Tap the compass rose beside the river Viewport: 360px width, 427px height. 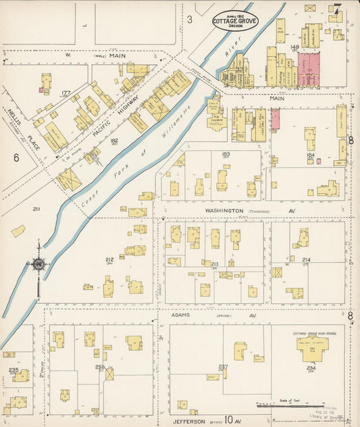38,263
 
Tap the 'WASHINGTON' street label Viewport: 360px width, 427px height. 225,211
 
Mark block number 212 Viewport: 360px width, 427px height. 109,259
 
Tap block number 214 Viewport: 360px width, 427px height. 306,259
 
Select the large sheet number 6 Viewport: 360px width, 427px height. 15,157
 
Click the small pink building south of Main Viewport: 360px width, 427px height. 276,119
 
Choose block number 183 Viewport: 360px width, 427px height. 225,154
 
